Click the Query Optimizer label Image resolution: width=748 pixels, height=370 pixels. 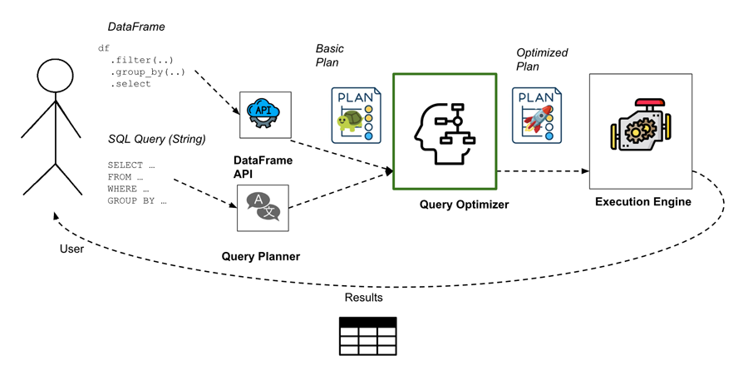click(x=464, y=205)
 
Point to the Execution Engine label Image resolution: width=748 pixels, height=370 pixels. click(x=642, y=201)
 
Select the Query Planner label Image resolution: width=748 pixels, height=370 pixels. click(x=260, y=256)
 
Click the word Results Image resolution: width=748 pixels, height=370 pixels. click(x=363, y=298)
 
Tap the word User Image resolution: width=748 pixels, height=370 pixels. click(x=72, y=248)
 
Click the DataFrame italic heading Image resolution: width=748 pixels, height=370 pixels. click(x=136, y=27)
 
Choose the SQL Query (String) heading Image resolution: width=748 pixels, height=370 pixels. click(x=156, y=138)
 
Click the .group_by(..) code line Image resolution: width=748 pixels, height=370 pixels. click(x=148, y=72)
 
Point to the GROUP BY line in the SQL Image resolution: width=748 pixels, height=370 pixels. click(x=137, y=200)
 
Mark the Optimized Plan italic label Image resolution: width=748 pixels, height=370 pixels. click(x=542, y=59)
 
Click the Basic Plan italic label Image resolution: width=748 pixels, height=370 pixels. click(x=330, y=56)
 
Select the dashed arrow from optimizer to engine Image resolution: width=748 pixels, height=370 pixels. click(x=540, y=171)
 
